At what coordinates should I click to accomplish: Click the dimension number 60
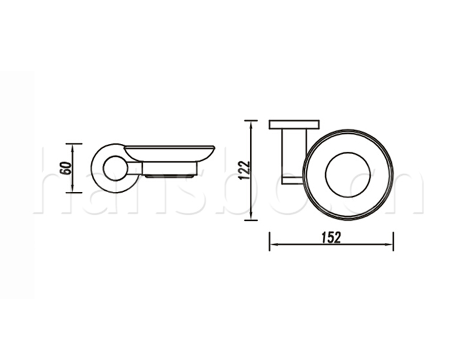pyautogui.click(x=67, y=168)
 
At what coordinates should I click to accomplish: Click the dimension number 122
pyautogui.click(x=244, y=170)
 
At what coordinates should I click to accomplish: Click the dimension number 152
pyautogui.click(x=331, y=238)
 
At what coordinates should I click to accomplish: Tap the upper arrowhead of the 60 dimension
pyautogui.click(x=73, y=147)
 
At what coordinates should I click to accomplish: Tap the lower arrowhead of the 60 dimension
pyautogui.click(x=73, y=189)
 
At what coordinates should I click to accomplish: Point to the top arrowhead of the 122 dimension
pyautogui.click(x=251, y=124)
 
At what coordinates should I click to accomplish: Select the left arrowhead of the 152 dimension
pyautogui.click(x=274, y=245)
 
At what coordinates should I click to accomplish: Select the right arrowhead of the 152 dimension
pyautogui.click(x=389, y=245)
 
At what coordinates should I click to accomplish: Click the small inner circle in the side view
pyautogui.click(x=104, y=169)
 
